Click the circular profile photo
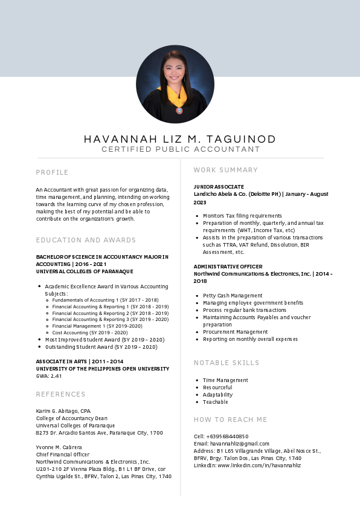(175, 84)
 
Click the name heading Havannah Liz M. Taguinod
(180, 139)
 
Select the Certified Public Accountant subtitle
(180, 149)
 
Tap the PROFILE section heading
(53, 172)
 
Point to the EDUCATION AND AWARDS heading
(86, 240)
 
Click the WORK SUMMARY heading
(226, 170)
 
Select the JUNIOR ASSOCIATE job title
(219, 187)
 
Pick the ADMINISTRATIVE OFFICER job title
(228, 267)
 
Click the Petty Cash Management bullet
(224, 296)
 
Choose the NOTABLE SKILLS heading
(227, 363)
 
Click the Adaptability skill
(217, 395)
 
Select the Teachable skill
(216, 402)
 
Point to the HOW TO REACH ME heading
(230, 420)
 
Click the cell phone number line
(221, 436)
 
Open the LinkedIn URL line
(247, 465)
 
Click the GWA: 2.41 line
(49, 376)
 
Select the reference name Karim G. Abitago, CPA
(63, 411)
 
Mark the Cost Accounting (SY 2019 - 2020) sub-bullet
(90, 332)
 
